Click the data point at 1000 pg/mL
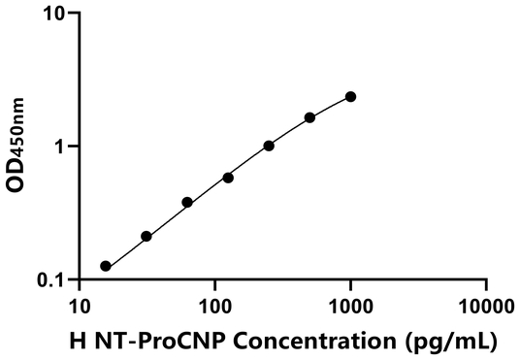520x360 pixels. pyautogui.click(x=350, y=96)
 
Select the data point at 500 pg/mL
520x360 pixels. pyautogui.click(x=309, y=117)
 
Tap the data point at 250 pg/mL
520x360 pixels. pyautogui.click(x=269, y=146)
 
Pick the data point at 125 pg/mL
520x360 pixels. pyautogui.click(x=228, y=178)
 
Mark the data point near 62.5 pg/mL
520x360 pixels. pyautogui.click(x=187, y=202)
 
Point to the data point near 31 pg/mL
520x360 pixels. pyautogui.click(x=146, y=236)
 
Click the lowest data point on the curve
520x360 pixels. pyautogui.click(x=106, y=266)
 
